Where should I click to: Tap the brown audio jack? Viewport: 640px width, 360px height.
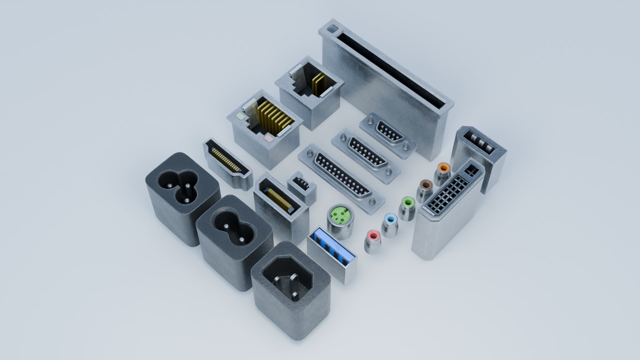pyautogui.click(x=426, y=185)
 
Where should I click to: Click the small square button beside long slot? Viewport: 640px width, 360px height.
pyautogui.click(x=331, y=29)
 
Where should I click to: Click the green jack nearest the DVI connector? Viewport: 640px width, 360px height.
pyautogui.click(x=408, y=202)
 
